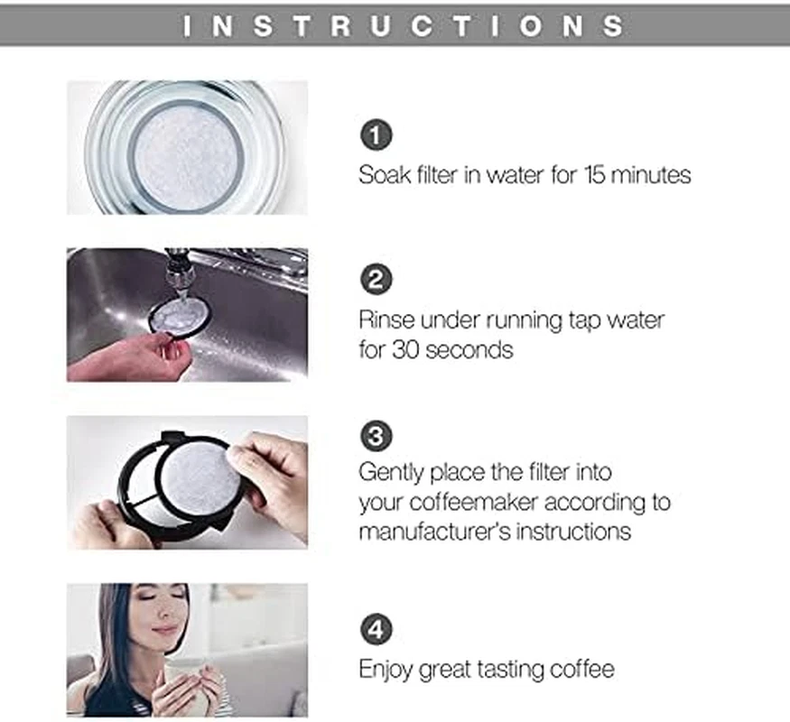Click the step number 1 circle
[x=376, y=136]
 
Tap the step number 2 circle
[x=376, y=280]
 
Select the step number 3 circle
[x=376, y=437]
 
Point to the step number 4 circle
[x=376, y=629]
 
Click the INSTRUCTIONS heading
[x=404, y=25]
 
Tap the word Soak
[x=384, y=174]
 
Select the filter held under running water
[x=179, y=316]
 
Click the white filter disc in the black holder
[x=200, y=476]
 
